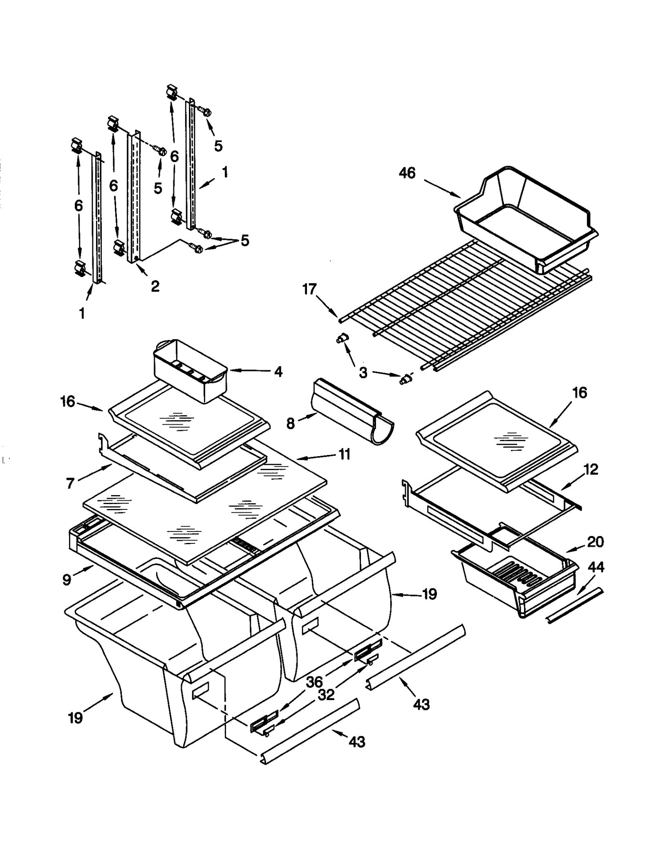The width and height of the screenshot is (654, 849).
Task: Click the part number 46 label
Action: pyautogui.click(x=407, y=173)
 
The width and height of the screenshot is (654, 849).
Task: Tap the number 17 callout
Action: pyautogui.click(x=309, y=289)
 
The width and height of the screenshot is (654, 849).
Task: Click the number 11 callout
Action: pyautogui.click(x=344, y=454)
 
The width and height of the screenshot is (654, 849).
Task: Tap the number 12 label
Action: pyautogui.click(x=591, y=469)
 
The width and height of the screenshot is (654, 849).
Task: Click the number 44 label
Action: pyautogui.click(x=596, y=567)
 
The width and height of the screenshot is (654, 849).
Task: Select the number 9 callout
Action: pyautogui.click(x=67, y=579)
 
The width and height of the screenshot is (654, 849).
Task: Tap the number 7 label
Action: pyautogui.click(x=70, y=483)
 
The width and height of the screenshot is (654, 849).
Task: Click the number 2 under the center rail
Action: pyautogui.click(x=155, y=286)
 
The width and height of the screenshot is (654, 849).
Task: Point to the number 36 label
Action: pyautogui.click(x=314, y=682)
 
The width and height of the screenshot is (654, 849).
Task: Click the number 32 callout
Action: pyautogui.click(x=326, y=694)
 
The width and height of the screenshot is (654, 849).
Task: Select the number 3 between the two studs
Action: pyautogui.click(x=363, y=372)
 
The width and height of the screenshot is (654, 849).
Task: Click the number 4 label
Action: pyautogui.click(x=278, y=372)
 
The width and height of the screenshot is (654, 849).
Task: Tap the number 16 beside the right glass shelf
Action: pyautogui.click(x=580, y=393)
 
